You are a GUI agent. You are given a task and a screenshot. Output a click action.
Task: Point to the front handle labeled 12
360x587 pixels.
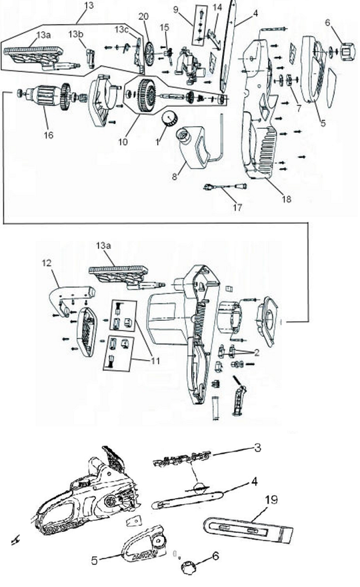73,289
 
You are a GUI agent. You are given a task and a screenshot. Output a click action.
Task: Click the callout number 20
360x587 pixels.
143,16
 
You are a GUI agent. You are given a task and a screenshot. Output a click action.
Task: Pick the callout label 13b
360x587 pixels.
75,33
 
